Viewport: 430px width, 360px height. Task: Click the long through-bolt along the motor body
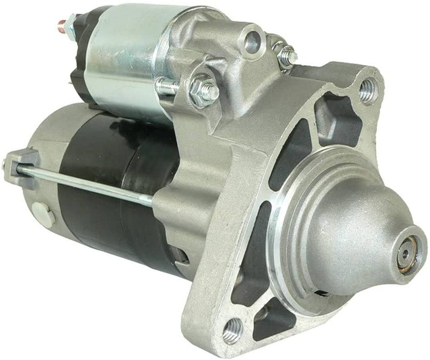point(97,179)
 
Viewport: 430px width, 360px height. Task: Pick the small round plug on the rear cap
point(42,209)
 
